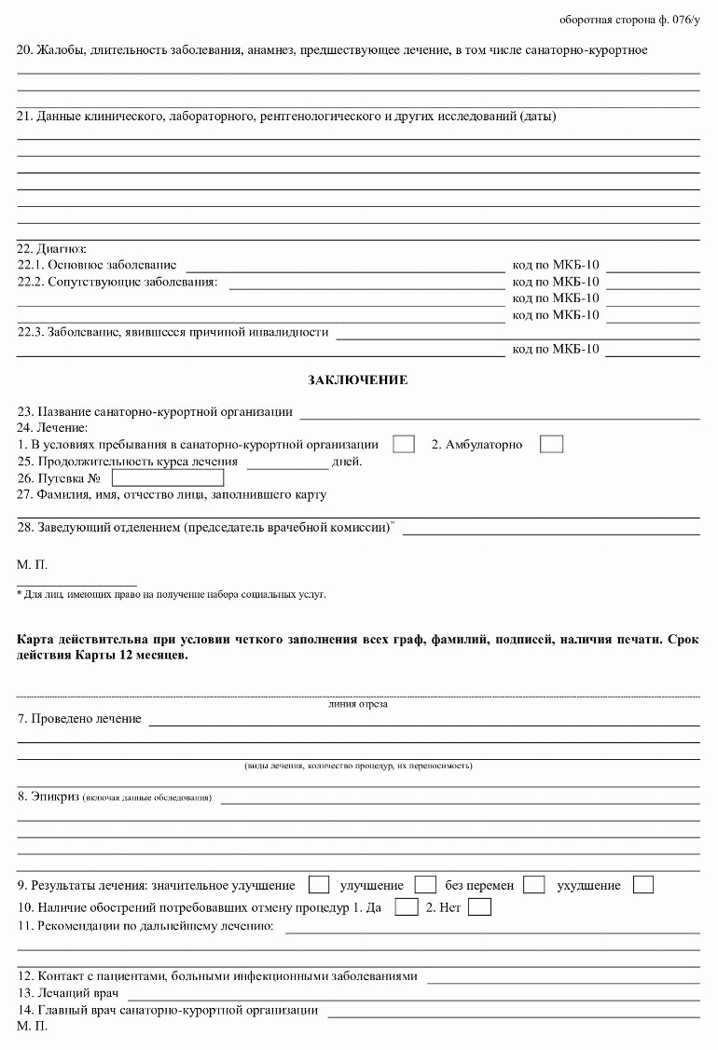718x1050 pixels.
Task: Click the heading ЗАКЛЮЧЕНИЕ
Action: (x=357, y=380)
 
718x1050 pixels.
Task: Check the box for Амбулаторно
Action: (x=551, y=444)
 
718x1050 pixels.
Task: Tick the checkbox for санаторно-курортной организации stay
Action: (x=404, y=444)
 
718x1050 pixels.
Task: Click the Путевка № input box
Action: (x=168, y=477)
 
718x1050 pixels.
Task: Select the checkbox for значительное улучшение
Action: (x=318, y=885)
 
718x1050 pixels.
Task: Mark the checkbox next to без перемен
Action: (x=533, y=885)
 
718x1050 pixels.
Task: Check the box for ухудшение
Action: (x=642, y=885)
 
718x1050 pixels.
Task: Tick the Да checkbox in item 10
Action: (x=406, y=906)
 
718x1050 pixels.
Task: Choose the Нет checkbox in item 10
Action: (x=479, y=906)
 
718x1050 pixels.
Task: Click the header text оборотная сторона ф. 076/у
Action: (x=629, y=20)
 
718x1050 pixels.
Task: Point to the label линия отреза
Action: (x=358, y=704)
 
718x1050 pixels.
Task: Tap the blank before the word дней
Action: (x=287, y=462)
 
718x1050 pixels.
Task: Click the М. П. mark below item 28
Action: (x=32, y=564)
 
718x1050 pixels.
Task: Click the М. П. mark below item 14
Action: (x=32, y=1026)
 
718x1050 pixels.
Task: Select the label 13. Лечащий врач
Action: (x=79, y=993)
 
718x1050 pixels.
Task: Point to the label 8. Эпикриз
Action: (x=48, y=796)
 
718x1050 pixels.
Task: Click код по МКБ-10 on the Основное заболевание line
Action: (x=556, y=265)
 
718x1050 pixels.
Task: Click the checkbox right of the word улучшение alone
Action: (x=425, y=885)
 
